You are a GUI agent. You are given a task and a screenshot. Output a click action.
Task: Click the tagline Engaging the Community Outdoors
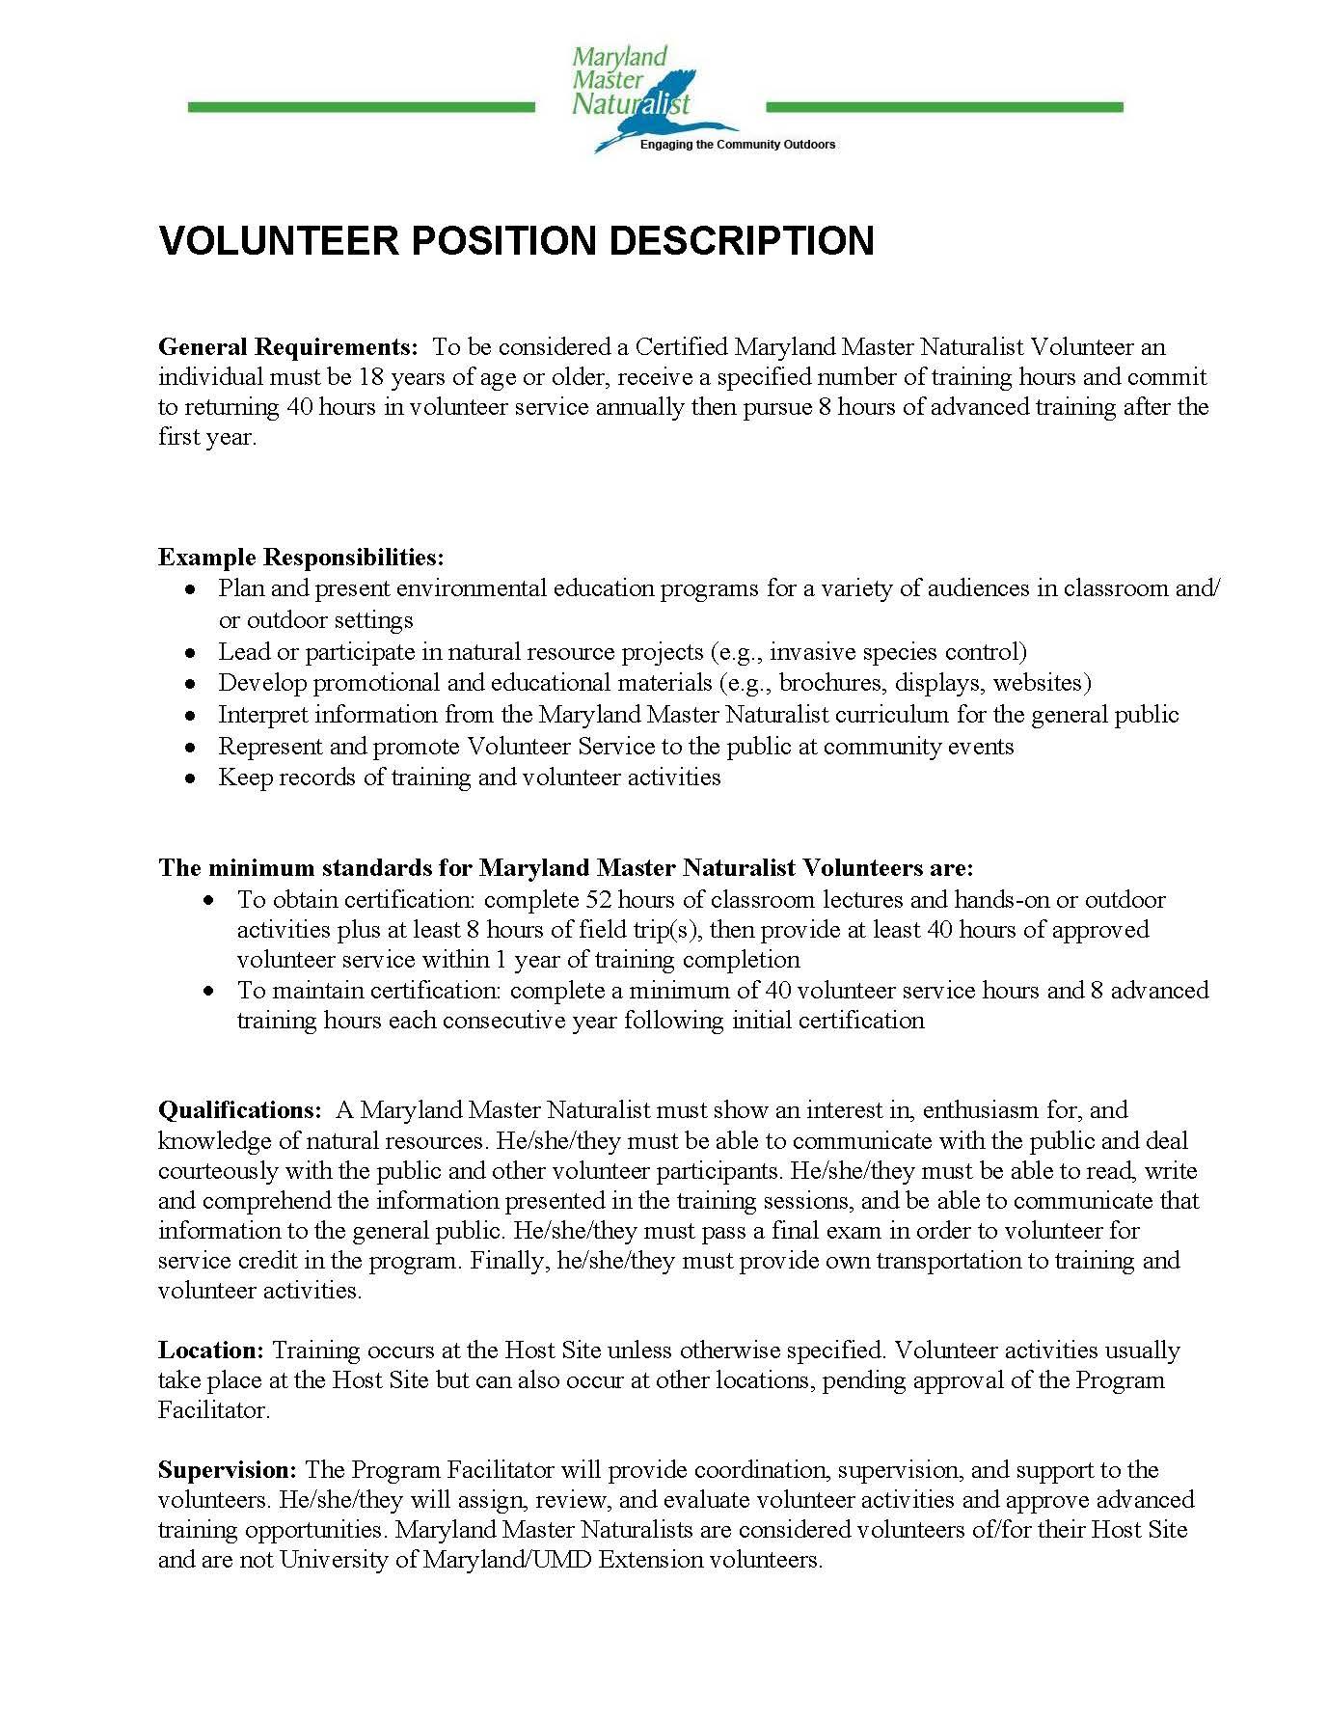click(738, 145)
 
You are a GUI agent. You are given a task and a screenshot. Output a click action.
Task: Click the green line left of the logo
click(361, 107)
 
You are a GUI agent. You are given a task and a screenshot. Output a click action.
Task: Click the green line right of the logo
click(943, 107)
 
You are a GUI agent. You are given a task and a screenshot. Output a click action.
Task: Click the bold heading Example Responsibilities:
click(301, 558)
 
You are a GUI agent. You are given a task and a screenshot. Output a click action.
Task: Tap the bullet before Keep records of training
click(193, 778)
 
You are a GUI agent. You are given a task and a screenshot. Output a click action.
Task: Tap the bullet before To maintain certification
click(210, 991)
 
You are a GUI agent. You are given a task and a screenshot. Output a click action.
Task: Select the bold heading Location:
click(210, 1351)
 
